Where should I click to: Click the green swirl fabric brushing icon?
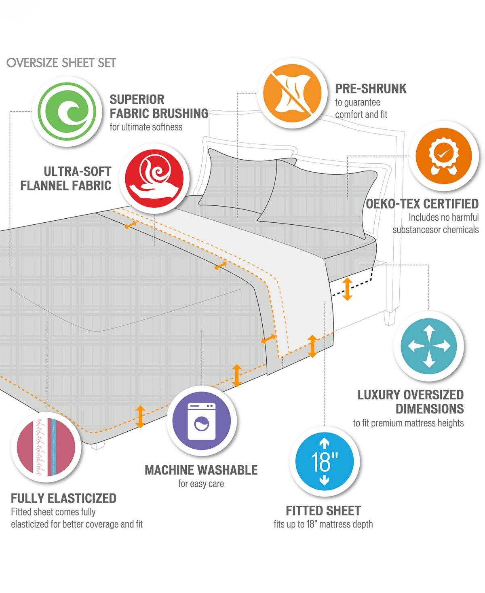[67, 112]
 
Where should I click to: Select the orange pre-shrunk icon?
[292, 93]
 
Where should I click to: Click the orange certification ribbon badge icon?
[443, 156]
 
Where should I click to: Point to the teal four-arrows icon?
[429, 346]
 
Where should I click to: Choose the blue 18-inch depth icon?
[324, 462]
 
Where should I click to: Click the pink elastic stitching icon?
[46, 447]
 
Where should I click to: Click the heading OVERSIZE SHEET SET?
[61, 63]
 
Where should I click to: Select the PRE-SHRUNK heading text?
[371, 89]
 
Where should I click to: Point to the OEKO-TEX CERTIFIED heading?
[422, 204]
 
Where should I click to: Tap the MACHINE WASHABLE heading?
[201, 470]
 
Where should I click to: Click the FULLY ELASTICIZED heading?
[63, 498]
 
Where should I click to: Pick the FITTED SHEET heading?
[323, 511]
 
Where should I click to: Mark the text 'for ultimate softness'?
[146, 127]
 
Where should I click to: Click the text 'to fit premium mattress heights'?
[408, 423]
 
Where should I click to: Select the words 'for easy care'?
[201, 483]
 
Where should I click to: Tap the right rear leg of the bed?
[389, 317]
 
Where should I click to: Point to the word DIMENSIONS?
[430, 409]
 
